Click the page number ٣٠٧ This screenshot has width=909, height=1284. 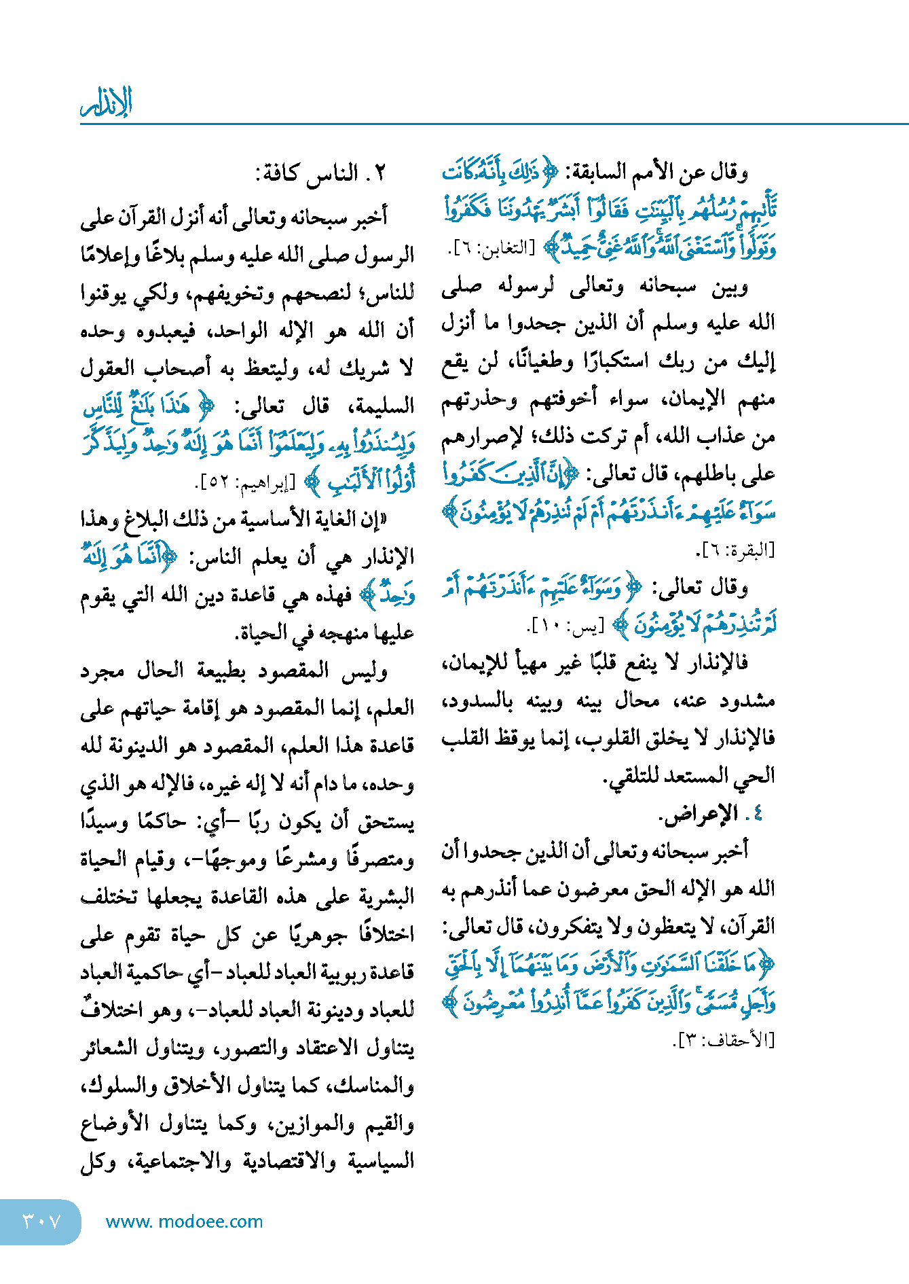(41, 1221)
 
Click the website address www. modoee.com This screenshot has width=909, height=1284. (184, 1221)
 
